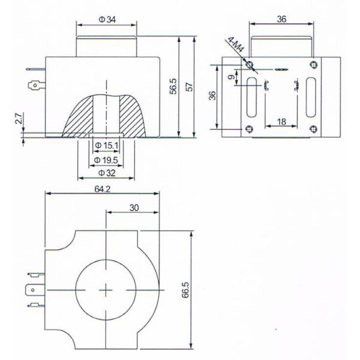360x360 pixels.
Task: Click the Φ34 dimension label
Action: click(x=107, y=20)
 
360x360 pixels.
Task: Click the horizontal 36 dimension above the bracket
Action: click(x=282, y=19)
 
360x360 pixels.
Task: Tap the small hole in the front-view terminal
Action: click(x=35, y=85)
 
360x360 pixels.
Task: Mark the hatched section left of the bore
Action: click(x=80, y=113)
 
